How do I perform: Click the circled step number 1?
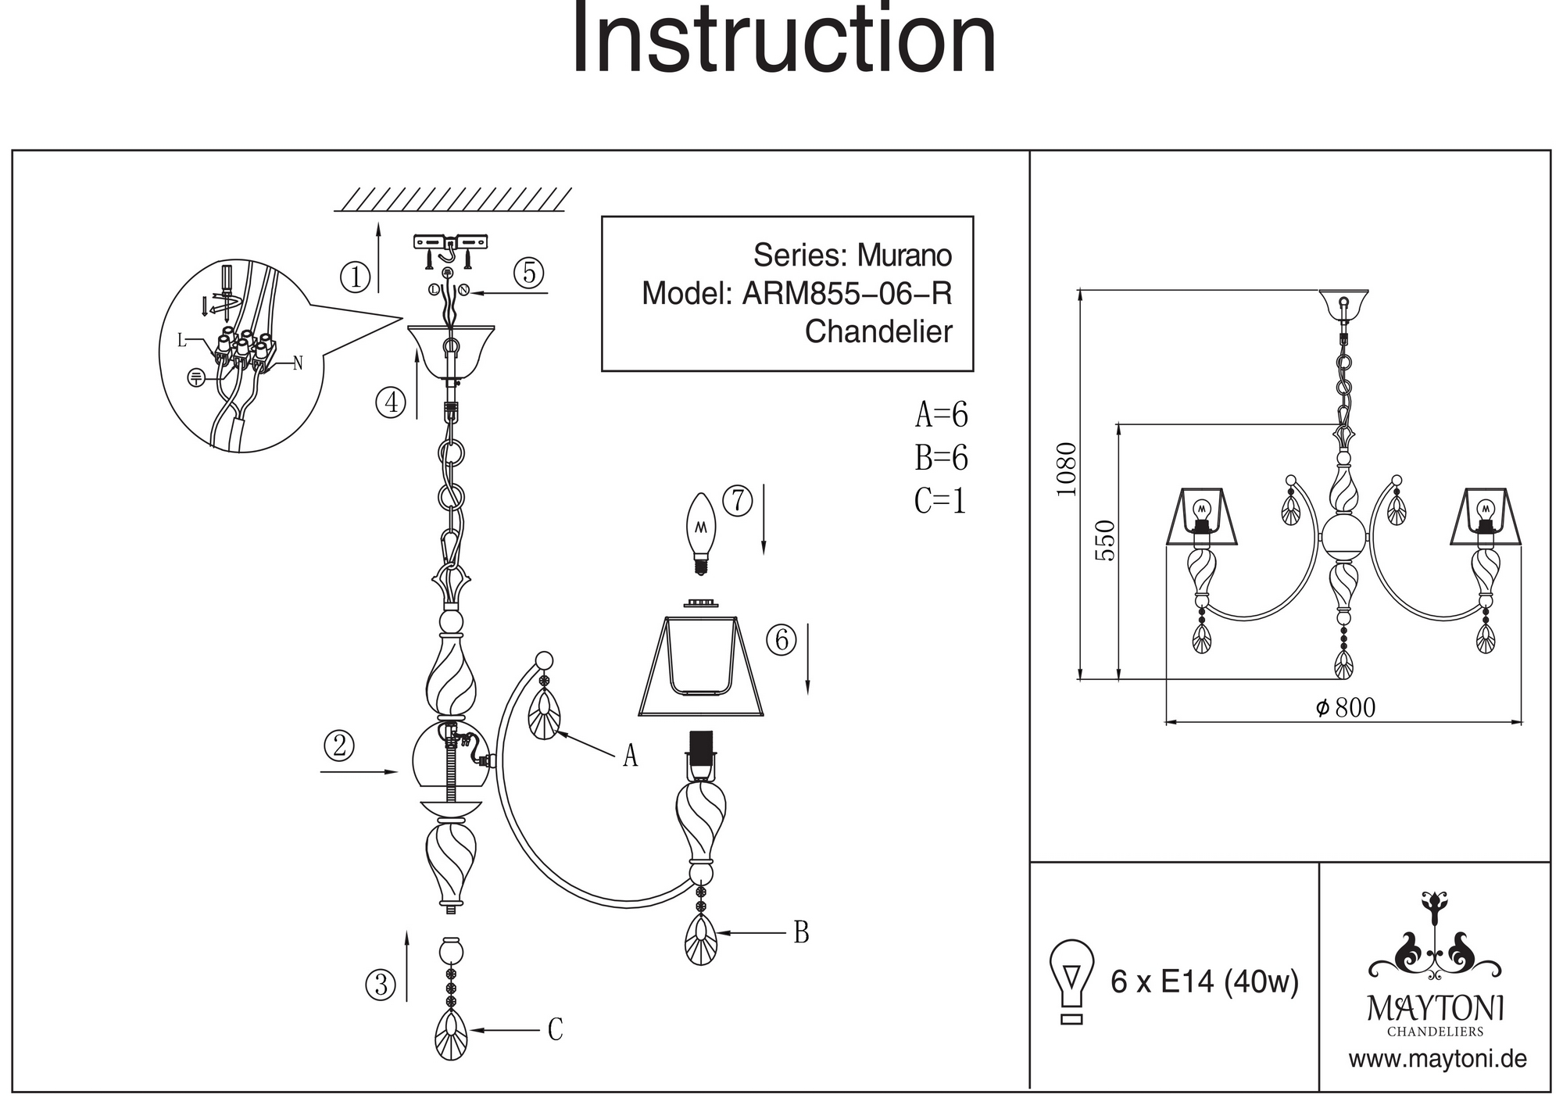[356, 277]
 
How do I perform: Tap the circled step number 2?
[339, 746]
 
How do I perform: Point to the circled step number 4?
[391, 402]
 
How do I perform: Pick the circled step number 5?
[529, 273]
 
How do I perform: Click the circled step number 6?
[781, 640]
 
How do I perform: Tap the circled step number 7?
[738, 501]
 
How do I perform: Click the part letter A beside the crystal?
[630, 756]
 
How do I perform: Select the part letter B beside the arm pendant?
[801, 932]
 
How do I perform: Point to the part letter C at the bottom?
[555, 1030]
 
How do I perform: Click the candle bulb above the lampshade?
[700, 531]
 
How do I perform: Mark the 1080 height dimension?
[1066, 469]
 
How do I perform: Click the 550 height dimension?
[1105, 540]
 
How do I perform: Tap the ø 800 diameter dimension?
[1346, 708]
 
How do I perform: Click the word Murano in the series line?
[904, 256]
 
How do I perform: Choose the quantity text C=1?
[940, 501]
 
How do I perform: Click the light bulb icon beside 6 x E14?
[1072, 981]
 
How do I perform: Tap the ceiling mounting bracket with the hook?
[449, 244]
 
